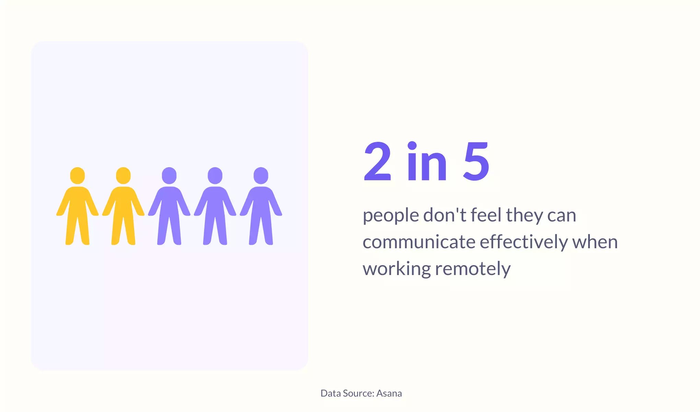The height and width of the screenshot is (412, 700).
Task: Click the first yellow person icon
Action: [x=78, y=206]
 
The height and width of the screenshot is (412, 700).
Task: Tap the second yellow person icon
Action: [x=123, y=206]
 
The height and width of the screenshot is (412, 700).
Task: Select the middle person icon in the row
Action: [x=169, y=206]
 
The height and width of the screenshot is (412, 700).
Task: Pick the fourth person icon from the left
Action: [x=215, y=206]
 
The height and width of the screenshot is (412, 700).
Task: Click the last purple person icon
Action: [x=261, y=206]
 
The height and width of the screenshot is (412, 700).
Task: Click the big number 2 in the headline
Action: [x=377, y=161]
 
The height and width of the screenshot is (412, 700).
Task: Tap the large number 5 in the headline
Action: [x=476, y=161]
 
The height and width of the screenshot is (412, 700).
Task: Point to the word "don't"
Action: [x=445, y=215]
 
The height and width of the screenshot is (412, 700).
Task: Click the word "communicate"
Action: [x=419, y=242]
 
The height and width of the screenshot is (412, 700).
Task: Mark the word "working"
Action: [x=397, y=269]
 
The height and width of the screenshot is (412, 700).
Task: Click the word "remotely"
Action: [x=473, y=269]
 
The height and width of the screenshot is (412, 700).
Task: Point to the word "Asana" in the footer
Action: [x=389, y=393]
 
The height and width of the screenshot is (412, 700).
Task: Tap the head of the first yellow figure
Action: [x=78, y=175]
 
